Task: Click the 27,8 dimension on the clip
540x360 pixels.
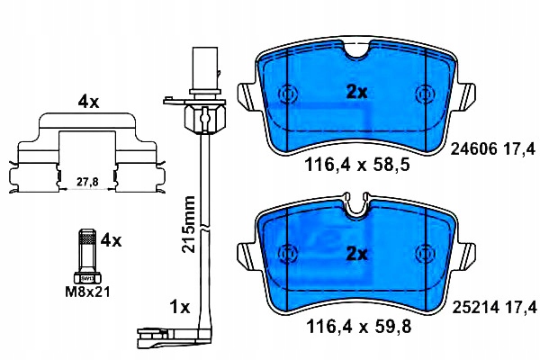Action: (87, 182)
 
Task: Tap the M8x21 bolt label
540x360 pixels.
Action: (88, 292)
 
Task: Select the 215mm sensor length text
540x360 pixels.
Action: (189, 224)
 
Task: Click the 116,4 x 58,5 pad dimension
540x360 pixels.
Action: (357, 165)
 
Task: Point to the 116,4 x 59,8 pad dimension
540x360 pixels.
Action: (358, 326)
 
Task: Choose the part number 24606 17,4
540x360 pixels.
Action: (493, 149)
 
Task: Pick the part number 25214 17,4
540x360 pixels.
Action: (494, 307)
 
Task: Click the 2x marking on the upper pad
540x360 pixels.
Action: (356, 92)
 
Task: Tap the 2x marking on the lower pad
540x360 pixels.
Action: (356, 254)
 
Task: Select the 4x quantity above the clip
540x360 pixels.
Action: (88, 102)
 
